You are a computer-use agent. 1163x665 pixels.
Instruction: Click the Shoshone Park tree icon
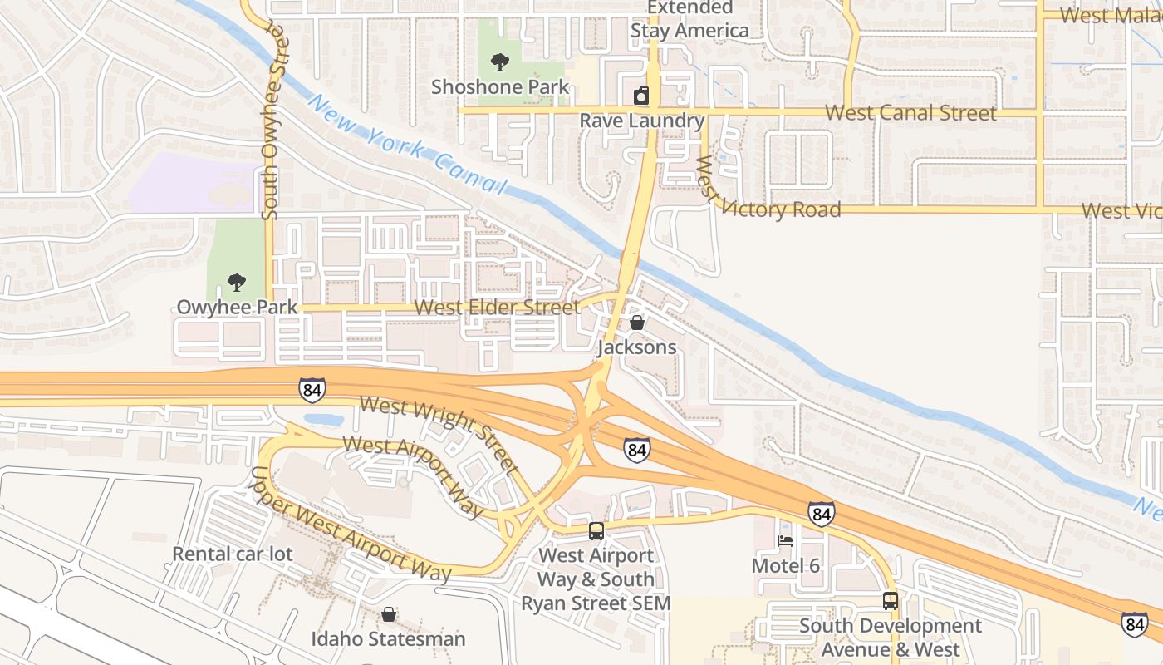(499, 62)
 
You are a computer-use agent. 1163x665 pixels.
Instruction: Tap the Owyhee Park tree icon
(237, 283)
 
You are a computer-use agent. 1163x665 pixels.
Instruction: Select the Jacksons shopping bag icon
(637, 323)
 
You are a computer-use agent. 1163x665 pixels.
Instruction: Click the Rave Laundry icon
(640, 96)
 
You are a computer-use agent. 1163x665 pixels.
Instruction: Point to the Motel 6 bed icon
(785, 541)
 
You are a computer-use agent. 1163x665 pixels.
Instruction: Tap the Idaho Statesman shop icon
(388, 615)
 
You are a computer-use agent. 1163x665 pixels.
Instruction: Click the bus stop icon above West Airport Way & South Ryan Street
(596, 531)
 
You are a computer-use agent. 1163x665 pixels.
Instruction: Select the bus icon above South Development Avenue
(890, 600)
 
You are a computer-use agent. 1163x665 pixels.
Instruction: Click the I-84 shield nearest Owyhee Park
(312, 389)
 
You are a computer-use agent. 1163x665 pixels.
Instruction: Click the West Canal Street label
(911, 113)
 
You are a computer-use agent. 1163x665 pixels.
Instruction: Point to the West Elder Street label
(497, 308)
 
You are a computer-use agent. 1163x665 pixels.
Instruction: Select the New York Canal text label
(406, 143)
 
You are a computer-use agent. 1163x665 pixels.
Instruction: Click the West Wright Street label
(438, 430)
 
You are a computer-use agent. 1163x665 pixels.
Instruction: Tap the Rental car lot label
(232, 554)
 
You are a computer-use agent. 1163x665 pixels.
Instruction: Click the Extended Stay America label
(689, 20)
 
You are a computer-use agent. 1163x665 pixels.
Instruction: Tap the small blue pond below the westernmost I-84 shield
(324, 420)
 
